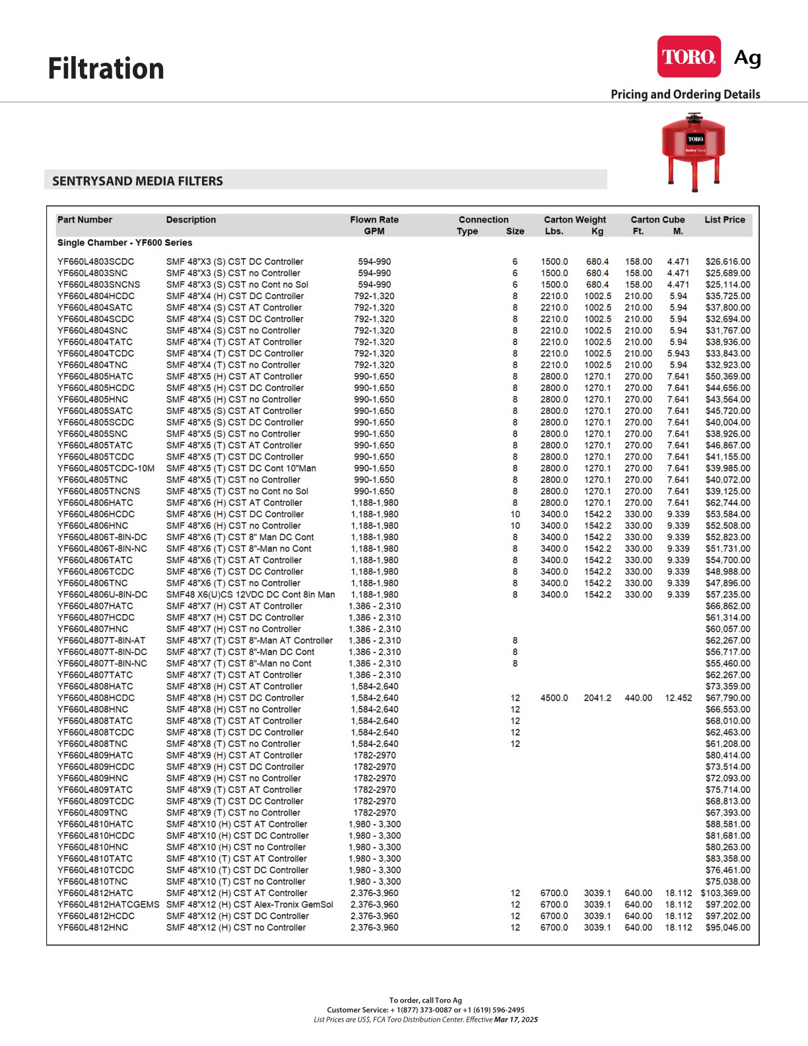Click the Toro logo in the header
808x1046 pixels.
click(x=689, y=57)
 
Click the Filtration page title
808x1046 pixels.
click(x=106, y=69)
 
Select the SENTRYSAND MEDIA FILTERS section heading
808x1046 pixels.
click(x=138, y=181)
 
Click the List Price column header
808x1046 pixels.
click(x=724, y=220)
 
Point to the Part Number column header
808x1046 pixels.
click(x=84, y=220)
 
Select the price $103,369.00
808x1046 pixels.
click(x=725, y=893)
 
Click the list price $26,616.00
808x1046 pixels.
click(x=727, y=261)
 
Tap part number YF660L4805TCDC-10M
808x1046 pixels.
click(x=106, y=468)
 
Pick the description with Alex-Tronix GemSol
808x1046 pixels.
click(x=250, y=905)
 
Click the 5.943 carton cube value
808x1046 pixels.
click(x=678, y=353)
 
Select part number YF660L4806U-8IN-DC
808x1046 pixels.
click(x=102, y=594)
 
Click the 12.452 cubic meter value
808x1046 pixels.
click(x=678, y=698)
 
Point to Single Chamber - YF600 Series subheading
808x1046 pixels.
click(x=125, y=243)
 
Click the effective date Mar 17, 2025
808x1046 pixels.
click(x=516, y=1020)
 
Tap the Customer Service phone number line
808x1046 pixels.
click(x=426, y=1010)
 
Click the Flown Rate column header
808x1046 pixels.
click(x=374, y=220)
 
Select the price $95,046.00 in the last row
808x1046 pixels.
click(x=727, y=928)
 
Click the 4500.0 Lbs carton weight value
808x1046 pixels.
click(x=554, y=698)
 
